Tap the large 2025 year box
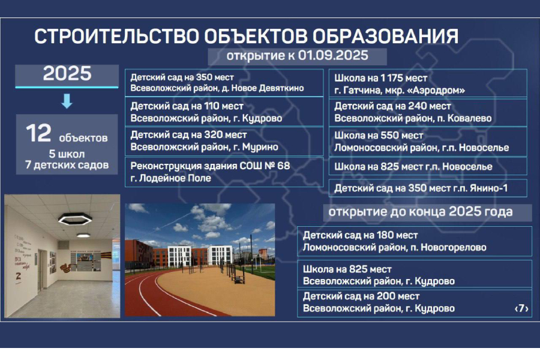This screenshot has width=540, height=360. (67, 74)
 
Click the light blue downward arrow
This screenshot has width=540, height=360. (67, 101)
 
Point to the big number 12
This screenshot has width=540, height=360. (38, 134)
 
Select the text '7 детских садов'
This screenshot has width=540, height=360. (67, 164)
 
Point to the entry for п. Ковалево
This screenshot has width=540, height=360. (427, 112)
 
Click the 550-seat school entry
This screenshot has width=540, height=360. (427, 141)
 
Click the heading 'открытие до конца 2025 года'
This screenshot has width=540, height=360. (420, 212)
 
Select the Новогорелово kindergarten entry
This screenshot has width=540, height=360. (414, 241)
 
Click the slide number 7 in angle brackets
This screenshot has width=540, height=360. (521, 308)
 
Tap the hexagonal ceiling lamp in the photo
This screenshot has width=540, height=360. (74, 218)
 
